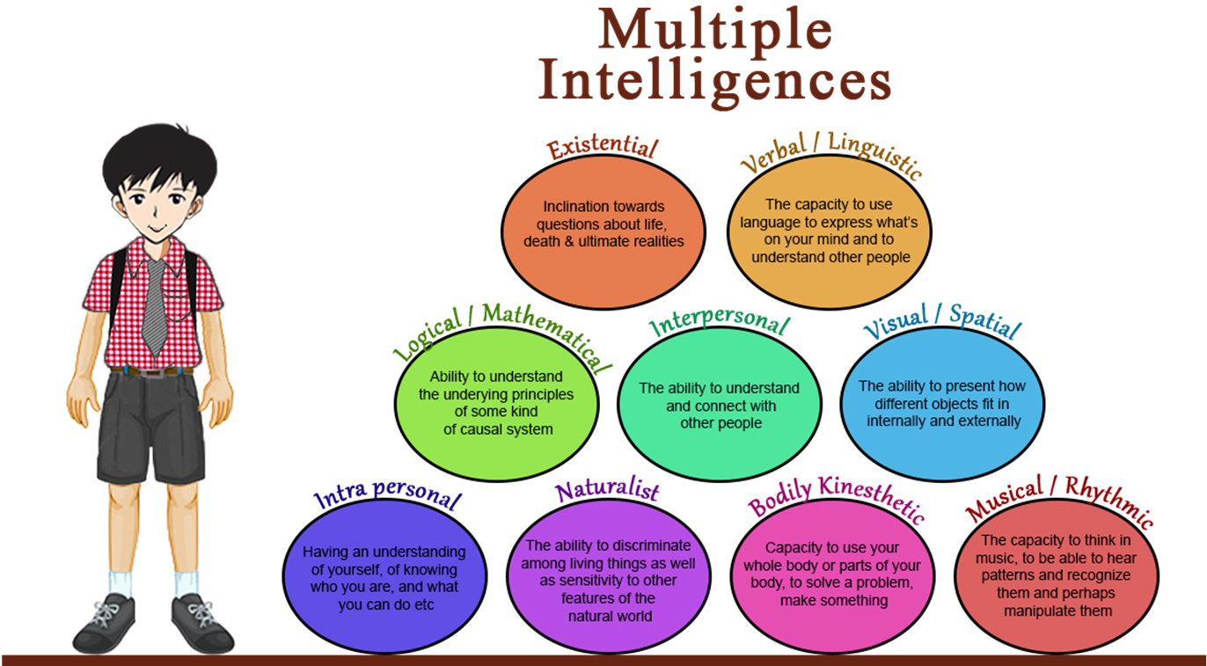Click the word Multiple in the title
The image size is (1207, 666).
[x=714, y=30]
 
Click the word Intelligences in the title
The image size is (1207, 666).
[x=714, y=82]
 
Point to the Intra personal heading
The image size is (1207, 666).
[x=387, y=495]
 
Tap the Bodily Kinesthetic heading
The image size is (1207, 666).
[x=836, y=499]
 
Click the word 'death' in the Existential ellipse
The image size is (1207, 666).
[x=542, y=241]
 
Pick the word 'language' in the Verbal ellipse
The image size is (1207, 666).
[x=765, y=223]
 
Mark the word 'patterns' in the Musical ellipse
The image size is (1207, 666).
[x=1006, y=575]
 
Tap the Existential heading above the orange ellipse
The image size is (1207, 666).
[x=602, y=148]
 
